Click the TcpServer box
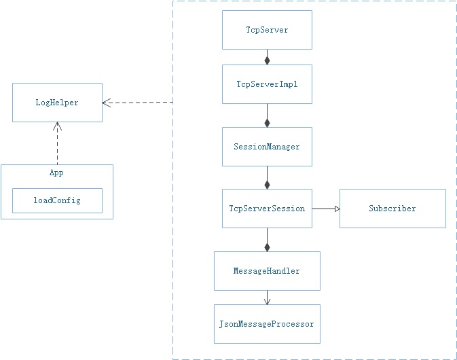point(267,30)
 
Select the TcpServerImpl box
point(267,84)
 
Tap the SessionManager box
point(267,147)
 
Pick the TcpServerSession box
point(267,209)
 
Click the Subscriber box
point(392,209)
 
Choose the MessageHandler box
point(267,271)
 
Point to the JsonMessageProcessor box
point(267,324)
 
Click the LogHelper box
point(57,103)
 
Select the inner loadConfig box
point(57,200)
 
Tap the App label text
point(56,173)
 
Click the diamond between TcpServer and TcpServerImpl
point(267,60)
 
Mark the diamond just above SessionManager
point(267,122)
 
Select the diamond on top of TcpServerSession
point(267,184)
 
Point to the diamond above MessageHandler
point(267,247)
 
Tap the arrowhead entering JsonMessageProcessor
point(267,301)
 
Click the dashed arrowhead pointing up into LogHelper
point(57,126)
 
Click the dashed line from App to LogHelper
point(57,146)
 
